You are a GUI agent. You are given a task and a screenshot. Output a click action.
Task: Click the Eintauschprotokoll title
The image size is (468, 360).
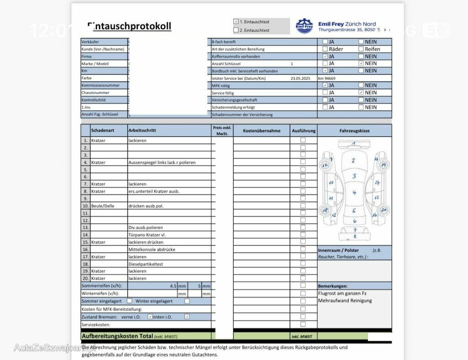pos(129,26)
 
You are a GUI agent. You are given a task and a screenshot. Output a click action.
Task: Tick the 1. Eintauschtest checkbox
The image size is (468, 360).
pos(236,21)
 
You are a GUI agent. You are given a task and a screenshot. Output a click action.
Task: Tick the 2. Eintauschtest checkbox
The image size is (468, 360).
pos(236,30)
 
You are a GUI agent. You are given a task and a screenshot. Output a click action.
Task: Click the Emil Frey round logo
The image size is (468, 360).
pos(304,26)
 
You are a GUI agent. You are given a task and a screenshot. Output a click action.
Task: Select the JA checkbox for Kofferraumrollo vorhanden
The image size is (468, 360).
pos(325,56)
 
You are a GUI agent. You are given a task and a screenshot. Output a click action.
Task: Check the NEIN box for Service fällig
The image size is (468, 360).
pos(361,92)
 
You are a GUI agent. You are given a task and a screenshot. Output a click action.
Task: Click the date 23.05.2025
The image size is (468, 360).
pos(300,78)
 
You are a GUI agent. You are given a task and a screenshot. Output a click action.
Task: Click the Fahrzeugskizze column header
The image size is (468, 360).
pos(354,130)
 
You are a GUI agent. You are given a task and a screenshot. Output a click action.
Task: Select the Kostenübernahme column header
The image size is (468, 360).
pos(261,130)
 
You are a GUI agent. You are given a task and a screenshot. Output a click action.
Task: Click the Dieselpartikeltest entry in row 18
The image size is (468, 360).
pos(146,264)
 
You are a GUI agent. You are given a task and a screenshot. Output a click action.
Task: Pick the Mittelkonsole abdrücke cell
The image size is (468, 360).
pos(152,249)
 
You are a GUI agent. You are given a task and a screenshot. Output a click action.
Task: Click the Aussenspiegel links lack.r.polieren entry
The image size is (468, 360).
pos(162,162)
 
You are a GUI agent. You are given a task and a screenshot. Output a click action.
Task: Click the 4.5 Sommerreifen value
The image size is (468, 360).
pos(173,286)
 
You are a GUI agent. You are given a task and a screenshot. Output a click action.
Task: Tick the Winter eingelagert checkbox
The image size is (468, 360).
pos(187,301)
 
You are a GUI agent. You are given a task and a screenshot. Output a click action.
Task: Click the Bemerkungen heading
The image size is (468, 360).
pos(333,286)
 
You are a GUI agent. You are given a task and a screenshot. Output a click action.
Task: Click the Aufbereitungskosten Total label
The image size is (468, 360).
pos(117,336)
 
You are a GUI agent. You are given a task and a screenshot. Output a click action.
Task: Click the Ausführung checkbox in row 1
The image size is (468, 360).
pos(303,140)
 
